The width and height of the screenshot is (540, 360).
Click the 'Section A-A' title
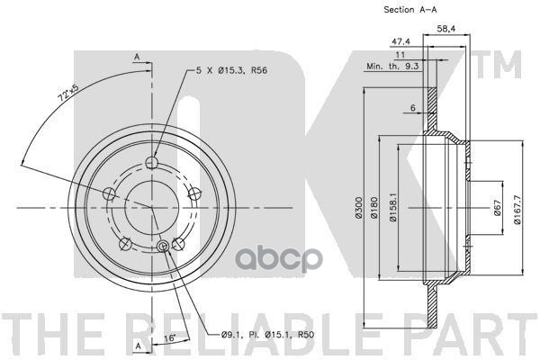point(409,10)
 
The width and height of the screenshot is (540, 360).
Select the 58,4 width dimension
point(446,29)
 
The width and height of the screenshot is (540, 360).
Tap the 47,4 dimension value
point(400,41)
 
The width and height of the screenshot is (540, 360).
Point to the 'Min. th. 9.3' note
point(392,66)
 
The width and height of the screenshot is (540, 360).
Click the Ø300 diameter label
point(359,207)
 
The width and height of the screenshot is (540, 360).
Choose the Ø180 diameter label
point(374,207)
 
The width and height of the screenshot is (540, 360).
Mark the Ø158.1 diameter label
point(393,207)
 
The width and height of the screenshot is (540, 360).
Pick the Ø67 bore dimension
point(497,208)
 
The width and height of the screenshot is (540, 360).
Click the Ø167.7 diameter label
point(517,209)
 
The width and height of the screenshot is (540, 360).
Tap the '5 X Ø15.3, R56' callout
point(231,70)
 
